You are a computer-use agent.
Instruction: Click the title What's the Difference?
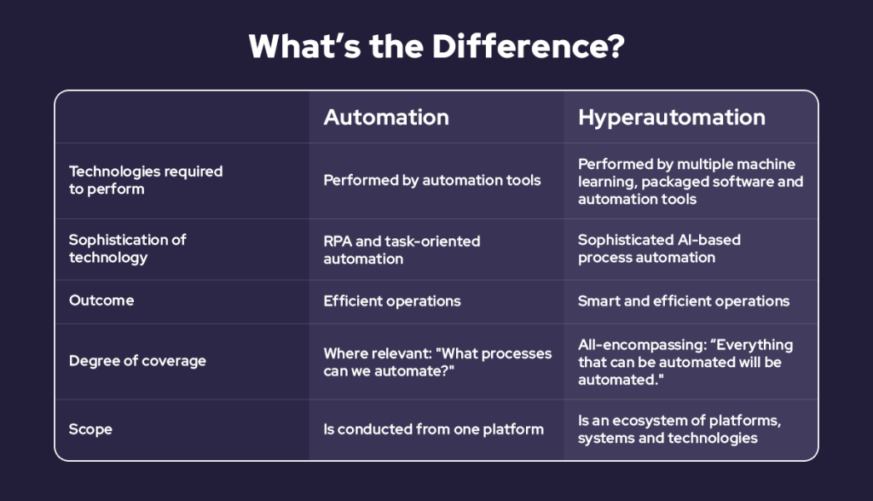436,47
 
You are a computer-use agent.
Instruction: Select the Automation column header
385,117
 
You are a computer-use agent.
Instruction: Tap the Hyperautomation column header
671,117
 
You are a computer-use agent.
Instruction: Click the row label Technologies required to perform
146,180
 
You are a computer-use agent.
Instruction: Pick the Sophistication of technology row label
127,248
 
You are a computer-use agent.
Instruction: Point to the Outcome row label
101,300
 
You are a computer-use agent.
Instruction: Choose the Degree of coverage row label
137,360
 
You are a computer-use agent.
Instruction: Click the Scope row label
90,428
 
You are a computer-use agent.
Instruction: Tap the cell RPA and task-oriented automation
402,249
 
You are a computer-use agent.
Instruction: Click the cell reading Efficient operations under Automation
392,300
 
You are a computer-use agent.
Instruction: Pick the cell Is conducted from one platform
433,428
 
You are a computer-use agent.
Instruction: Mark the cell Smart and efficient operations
684,300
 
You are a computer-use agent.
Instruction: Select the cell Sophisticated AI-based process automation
659,248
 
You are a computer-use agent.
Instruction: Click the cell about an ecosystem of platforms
679,428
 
